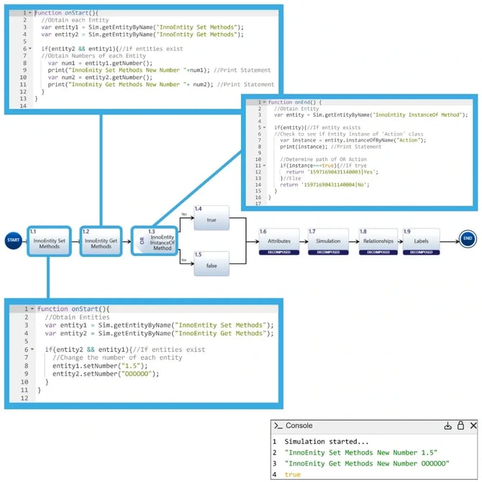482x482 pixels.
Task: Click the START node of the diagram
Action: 13,239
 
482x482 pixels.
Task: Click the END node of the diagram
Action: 468,239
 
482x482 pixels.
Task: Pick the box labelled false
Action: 211,264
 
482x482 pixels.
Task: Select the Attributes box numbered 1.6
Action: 278,240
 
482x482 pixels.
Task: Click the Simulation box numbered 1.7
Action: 328,240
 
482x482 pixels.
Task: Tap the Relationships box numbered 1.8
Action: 378,240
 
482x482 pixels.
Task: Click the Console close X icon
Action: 473,426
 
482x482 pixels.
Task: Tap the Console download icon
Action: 447,426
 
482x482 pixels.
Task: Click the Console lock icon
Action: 460,426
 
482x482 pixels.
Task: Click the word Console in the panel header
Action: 300,426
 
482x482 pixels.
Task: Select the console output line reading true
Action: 293,474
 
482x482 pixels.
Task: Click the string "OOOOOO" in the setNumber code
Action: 140,373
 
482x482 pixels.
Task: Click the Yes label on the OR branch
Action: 184,214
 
